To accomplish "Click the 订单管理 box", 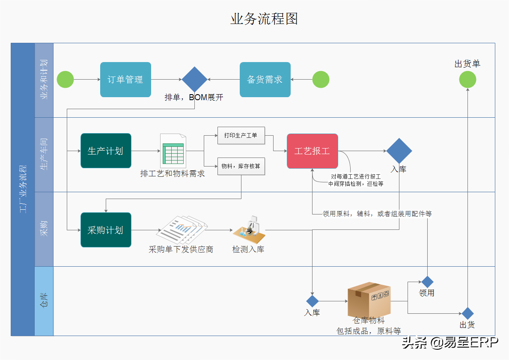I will coord(125,80).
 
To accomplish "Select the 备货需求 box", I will coord(265,80).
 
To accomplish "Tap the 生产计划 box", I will coord(106,151).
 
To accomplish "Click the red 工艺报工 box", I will coord(312,151).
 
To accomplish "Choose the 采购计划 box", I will coord(106,230).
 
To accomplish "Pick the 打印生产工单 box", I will coord(241,135).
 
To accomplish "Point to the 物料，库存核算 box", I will coord(241,166).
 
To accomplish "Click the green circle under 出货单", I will coord(467,80).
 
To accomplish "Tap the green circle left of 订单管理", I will coord(65,80).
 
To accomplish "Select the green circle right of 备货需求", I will coord(321,80).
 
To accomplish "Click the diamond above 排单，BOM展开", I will coord(194,79).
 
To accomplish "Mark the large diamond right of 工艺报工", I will coord(399,151).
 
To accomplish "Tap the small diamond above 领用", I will coord(427,282).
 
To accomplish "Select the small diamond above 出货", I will coord(467,313).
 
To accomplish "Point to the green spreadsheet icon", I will coord(173,151).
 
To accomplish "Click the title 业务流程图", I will coord(264,19).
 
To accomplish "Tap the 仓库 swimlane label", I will coord(44,301).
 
